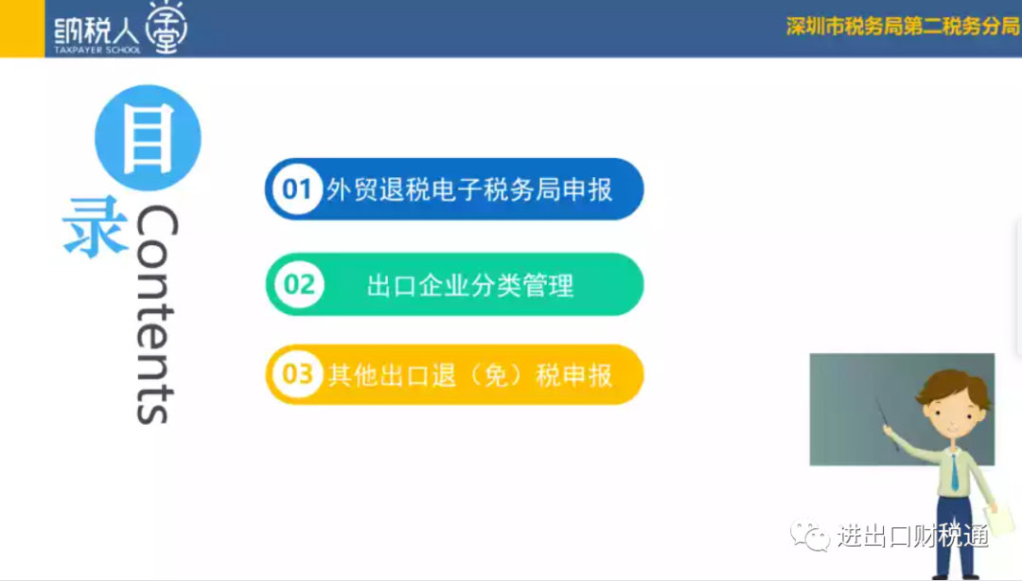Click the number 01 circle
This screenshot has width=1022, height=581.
tap(296, 189)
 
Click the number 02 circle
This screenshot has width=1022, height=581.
tap(299, 284)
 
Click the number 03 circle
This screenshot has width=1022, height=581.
tap(297, 375)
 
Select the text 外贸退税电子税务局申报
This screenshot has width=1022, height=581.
tap(469, 190)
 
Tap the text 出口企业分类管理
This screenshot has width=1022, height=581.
tap(470, 285)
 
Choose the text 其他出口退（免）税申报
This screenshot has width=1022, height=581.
tap(470, 375)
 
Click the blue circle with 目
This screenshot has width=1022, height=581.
tap(148, 137)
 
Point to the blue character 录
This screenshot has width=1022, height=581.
tap(96, 226)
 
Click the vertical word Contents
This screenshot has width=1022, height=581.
tap(156, 314)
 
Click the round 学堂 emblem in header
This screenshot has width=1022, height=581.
tap(167, 27)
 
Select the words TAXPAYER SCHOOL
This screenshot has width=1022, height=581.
tap(97, 50)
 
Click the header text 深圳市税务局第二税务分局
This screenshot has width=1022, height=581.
tap(903, 26)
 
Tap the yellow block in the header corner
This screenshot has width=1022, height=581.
tap(22, 28)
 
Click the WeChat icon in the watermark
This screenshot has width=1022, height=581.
tap(809, 535)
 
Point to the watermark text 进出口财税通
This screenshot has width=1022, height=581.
tap(913, 536)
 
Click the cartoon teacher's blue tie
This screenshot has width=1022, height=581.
tap(954, 472)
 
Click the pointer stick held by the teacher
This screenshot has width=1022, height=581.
tap(888, 424)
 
